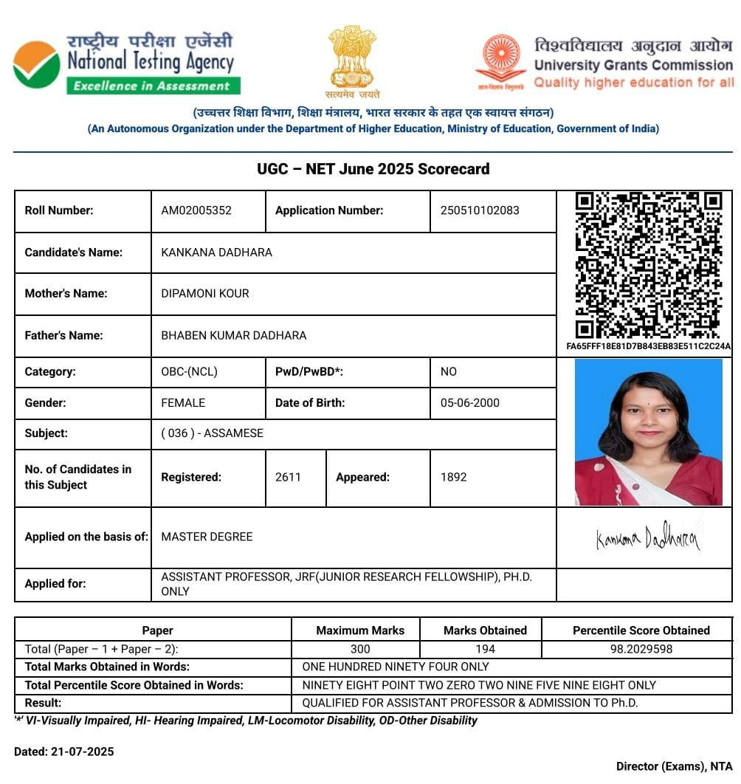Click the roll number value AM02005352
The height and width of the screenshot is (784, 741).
(196, 210)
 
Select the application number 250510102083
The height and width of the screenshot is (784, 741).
(480, 210)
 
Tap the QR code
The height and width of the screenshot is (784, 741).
(647, 265)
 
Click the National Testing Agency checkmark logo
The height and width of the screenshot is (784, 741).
(37, 65)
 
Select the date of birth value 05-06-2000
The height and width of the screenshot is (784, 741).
(470, 403)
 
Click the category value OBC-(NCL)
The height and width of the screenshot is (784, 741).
(190, 372)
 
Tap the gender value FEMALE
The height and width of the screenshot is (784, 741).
(183, 403)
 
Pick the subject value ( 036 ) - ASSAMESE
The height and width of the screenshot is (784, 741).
(212, 433)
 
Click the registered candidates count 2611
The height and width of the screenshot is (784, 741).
(288, 477)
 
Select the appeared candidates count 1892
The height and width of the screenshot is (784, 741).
(453, 477)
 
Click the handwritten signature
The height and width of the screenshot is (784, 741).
(647, 537)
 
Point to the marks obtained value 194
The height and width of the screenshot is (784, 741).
(485, 649)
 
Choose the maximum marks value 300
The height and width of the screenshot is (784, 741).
(360, 649)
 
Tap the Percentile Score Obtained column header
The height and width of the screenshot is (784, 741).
(641, 630)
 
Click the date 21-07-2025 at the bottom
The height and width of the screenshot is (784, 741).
(82, 752)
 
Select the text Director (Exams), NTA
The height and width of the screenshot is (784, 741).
(674, 766)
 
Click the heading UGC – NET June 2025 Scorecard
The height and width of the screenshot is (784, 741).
(373, 169)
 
